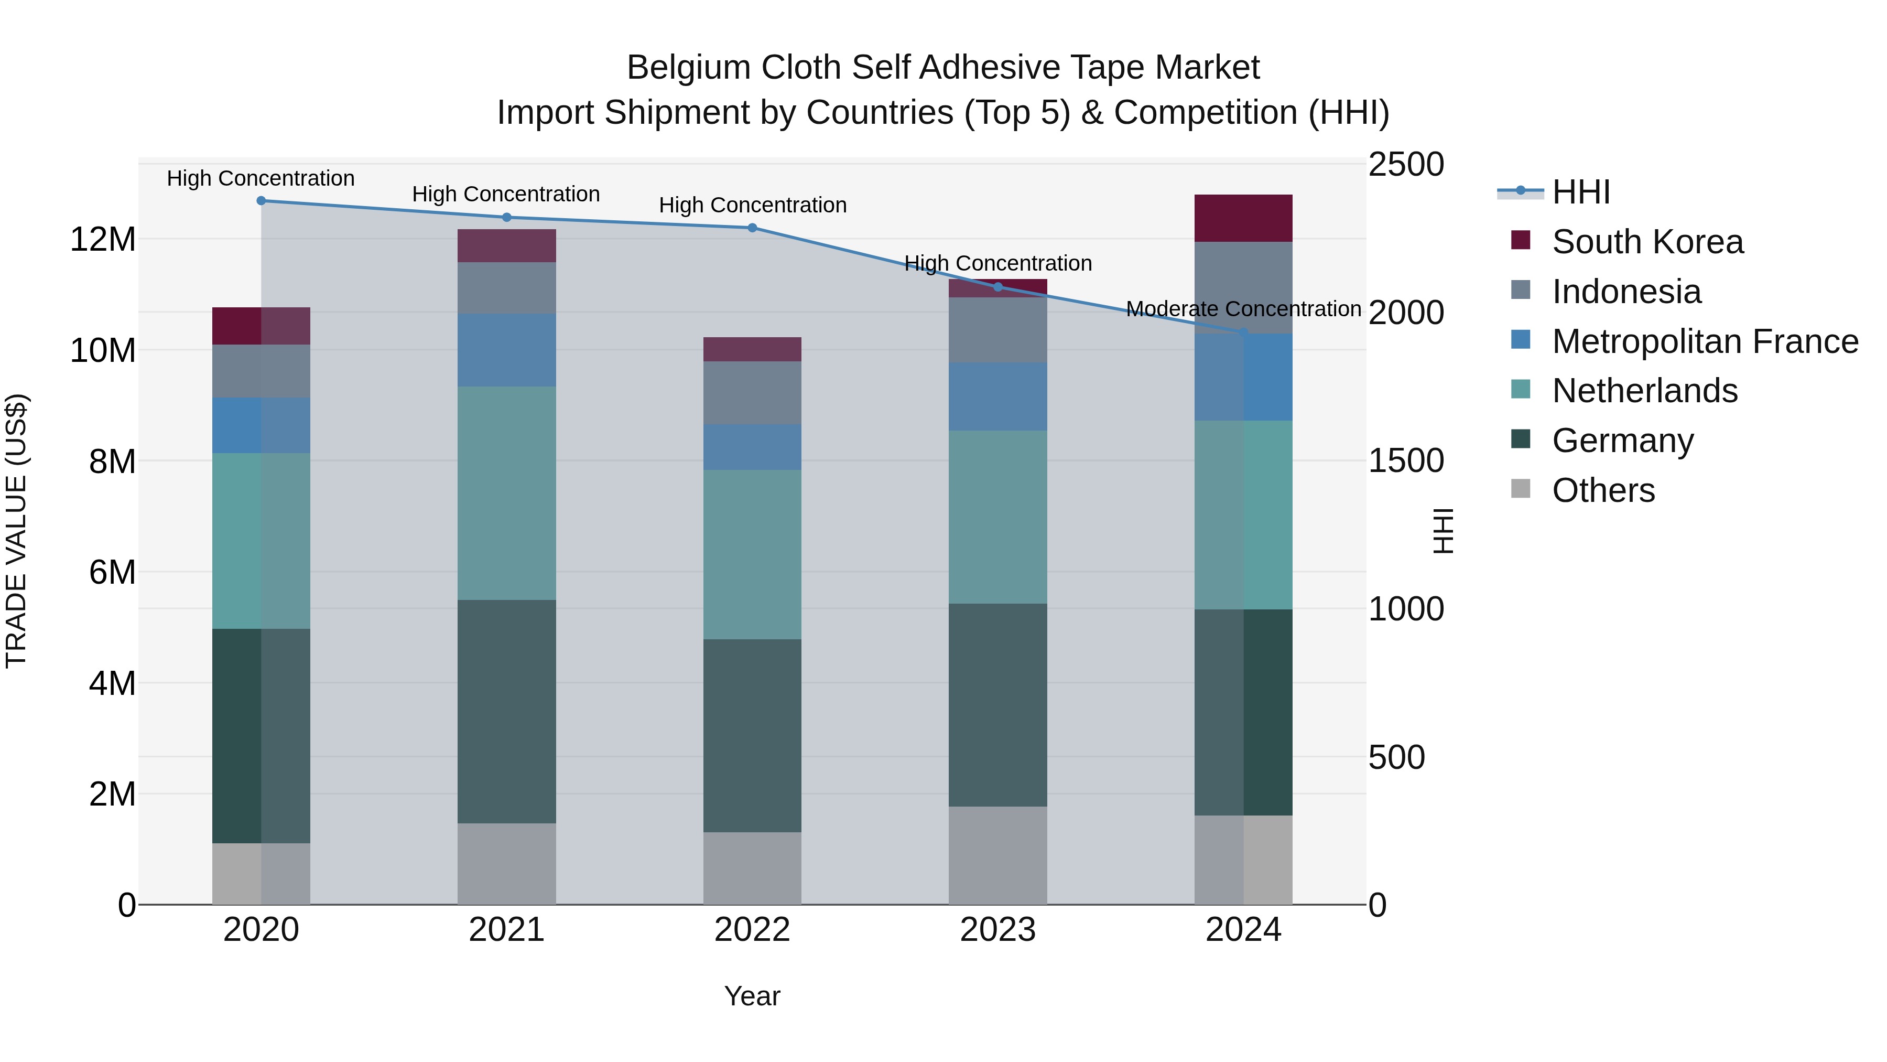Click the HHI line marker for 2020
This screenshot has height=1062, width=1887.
[x=262, y=201]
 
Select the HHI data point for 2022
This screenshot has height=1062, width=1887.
[x=752, y=228]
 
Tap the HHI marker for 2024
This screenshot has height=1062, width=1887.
[x=1243, y=332]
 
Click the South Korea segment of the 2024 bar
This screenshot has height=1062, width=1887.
[x=1243, y=218]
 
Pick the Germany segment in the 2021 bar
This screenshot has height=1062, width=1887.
[x=507, y=711]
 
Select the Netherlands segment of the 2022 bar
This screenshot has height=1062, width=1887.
[x=752, y=554]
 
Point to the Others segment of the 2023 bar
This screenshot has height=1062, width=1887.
[x=997, y=855]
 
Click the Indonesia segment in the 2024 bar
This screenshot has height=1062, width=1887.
[x=1243, y=287]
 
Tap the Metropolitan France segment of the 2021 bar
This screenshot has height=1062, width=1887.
[x=507, y=350]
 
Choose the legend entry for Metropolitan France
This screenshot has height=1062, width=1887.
[x=1705, y=341]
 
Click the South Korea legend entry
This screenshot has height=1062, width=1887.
[x=1647, y=242]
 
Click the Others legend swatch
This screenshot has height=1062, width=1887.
[x=1521, y=489]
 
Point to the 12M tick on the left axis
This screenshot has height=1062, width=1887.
[x=103, y=240]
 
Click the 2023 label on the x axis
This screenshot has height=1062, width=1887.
[x=997, y=930]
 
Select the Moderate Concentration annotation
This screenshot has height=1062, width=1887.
[x=1243, y=309]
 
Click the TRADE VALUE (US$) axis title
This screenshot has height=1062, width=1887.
[x=16, y=531]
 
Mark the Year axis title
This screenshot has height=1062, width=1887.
[x=752, y=996]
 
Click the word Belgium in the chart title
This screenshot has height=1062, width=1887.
[x=689, y=68]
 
